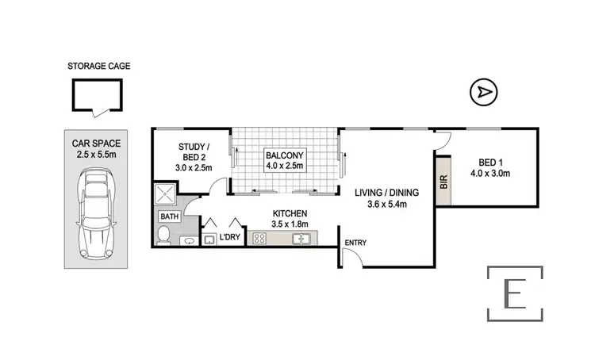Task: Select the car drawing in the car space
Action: pyautogui.click(x=95, y=216)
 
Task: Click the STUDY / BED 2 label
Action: pyautogui.click(x=193, y=147)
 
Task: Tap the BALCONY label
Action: pyautogui.click(x=283, y=155)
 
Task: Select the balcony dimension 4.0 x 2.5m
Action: pyautogui.click(x=283, y=167)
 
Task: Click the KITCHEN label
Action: pyautogui.click(x=290, y=214)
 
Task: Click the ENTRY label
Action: pyautogui.click(x=355, y=243)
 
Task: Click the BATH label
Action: pyautogui.click(x=170, y=216)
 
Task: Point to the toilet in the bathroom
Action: pyautogui.click(x=164, y=235)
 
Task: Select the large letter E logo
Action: pyautogui.click(x=514, y=293)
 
